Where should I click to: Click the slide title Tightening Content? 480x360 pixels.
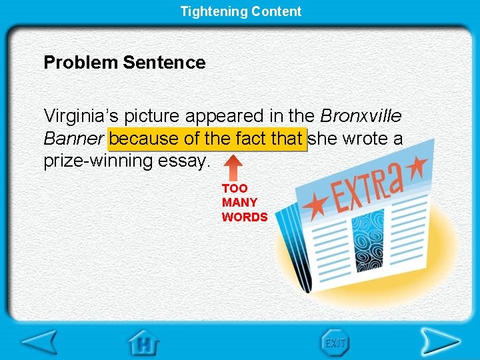(241, 11)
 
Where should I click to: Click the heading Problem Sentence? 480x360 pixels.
(125, 63)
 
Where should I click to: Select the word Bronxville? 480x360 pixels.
(361, 116)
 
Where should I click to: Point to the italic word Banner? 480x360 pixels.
(73, 139)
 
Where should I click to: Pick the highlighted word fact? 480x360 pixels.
(252, 139)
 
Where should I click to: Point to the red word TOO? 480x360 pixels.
(235, 189)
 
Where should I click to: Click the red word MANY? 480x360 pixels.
(239, 203)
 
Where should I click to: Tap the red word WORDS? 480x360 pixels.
(245, 217)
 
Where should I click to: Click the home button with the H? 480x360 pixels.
(144, 343)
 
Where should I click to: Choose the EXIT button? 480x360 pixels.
(335, 343)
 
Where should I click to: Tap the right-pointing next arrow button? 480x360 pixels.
(440, 343)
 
